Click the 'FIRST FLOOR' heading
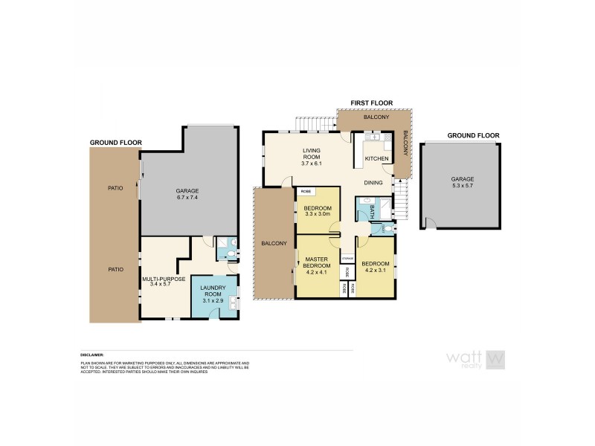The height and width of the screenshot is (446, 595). (x=371, y=103)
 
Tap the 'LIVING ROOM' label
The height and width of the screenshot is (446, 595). (x=289, y=154)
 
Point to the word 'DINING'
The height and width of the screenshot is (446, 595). (x=373, y=182)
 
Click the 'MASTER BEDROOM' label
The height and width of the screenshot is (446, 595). (x=317, y=263)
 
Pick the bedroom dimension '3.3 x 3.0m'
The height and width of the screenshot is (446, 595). (x=317, y=214)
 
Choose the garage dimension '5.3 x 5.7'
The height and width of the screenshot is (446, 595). (x=462, y=187)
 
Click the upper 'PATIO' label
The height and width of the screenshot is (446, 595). (x=115, y=187)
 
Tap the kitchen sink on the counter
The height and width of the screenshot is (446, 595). (x=373, y=138)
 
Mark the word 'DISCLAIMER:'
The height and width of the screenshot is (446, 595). (x=93, y=355)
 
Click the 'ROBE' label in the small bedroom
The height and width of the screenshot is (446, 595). (x=306, y=191)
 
